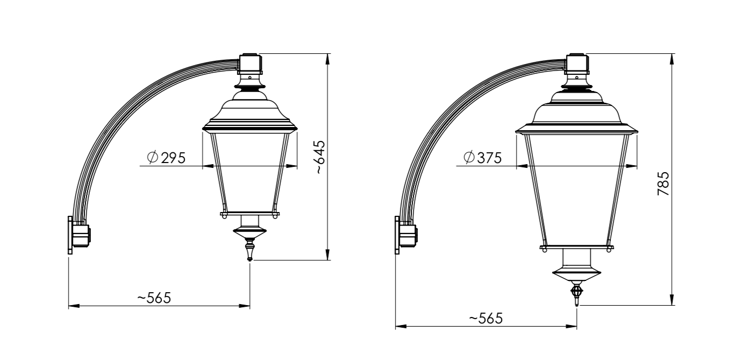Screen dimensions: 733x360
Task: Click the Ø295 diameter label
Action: pos(167,158)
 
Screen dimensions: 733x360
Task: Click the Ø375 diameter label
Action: pos(483,158)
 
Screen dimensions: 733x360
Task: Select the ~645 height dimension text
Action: pos(320,157)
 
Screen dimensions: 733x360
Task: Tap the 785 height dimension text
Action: pos(663,183)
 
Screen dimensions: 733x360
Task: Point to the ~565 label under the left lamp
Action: pos(154,298)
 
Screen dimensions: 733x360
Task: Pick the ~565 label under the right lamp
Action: pos(486,319)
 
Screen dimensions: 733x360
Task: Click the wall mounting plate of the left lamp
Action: pos(70,235)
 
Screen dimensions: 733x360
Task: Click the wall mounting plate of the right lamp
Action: pos(397,235)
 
